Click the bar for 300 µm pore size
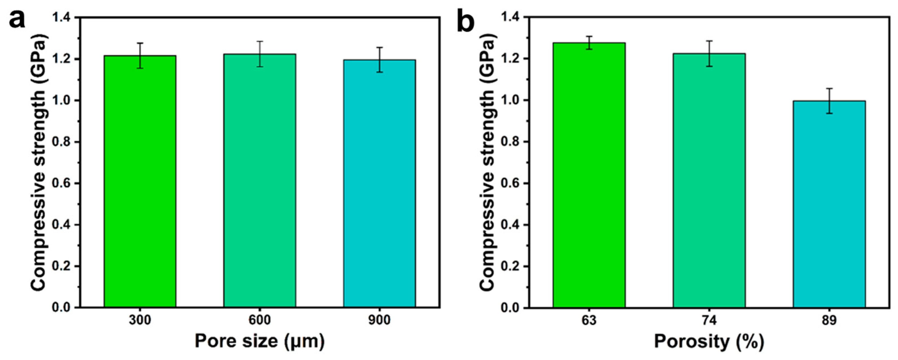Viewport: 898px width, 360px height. click(140, 181)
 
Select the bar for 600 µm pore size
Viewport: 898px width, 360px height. click(260, 180)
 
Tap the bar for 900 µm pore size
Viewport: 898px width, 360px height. click(379, 184)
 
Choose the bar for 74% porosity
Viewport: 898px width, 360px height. click(709, 180)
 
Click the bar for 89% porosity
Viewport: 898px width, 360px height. click(829, 204)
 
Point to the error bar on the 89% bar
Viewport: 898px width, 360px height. click(829, 101)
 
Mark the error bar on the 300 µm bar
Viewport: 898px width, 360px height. click(140, 55)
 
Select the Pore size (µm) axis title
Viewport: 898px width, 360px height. click(260, 341)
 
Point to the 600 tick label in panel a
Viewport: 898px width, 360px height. click(260, 320)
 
